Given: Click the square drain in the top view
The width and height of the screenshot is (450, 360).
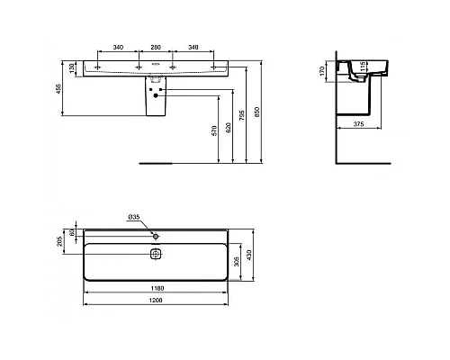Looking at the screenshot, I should pyautogui.click(x=155, y=254).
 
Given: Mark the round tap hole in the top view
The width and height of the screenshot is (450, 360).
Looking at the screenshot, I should pyautogui.click(x=155, y=234).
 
